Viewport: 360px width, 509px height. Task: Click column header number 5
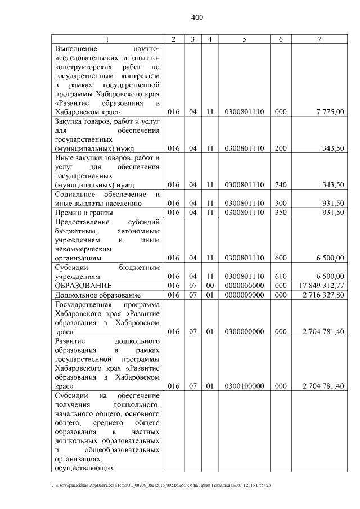[244, 39]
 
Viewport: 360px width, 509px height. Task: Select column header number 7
[319, 39]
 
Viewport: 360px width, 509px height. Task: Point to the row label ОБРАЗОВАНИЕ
[83, 286]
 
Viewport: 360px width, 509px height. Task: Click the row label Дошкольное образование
[97, 295]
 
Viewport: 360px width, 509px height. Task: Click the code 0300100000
[244, 386]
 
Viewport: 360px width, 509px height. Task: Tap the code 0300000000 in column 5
[244, 331]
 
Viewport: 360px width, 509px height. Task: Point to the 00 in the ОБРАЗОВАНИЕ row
[209, 286]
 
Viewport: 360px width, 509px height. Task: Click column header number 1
[107, 39]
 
